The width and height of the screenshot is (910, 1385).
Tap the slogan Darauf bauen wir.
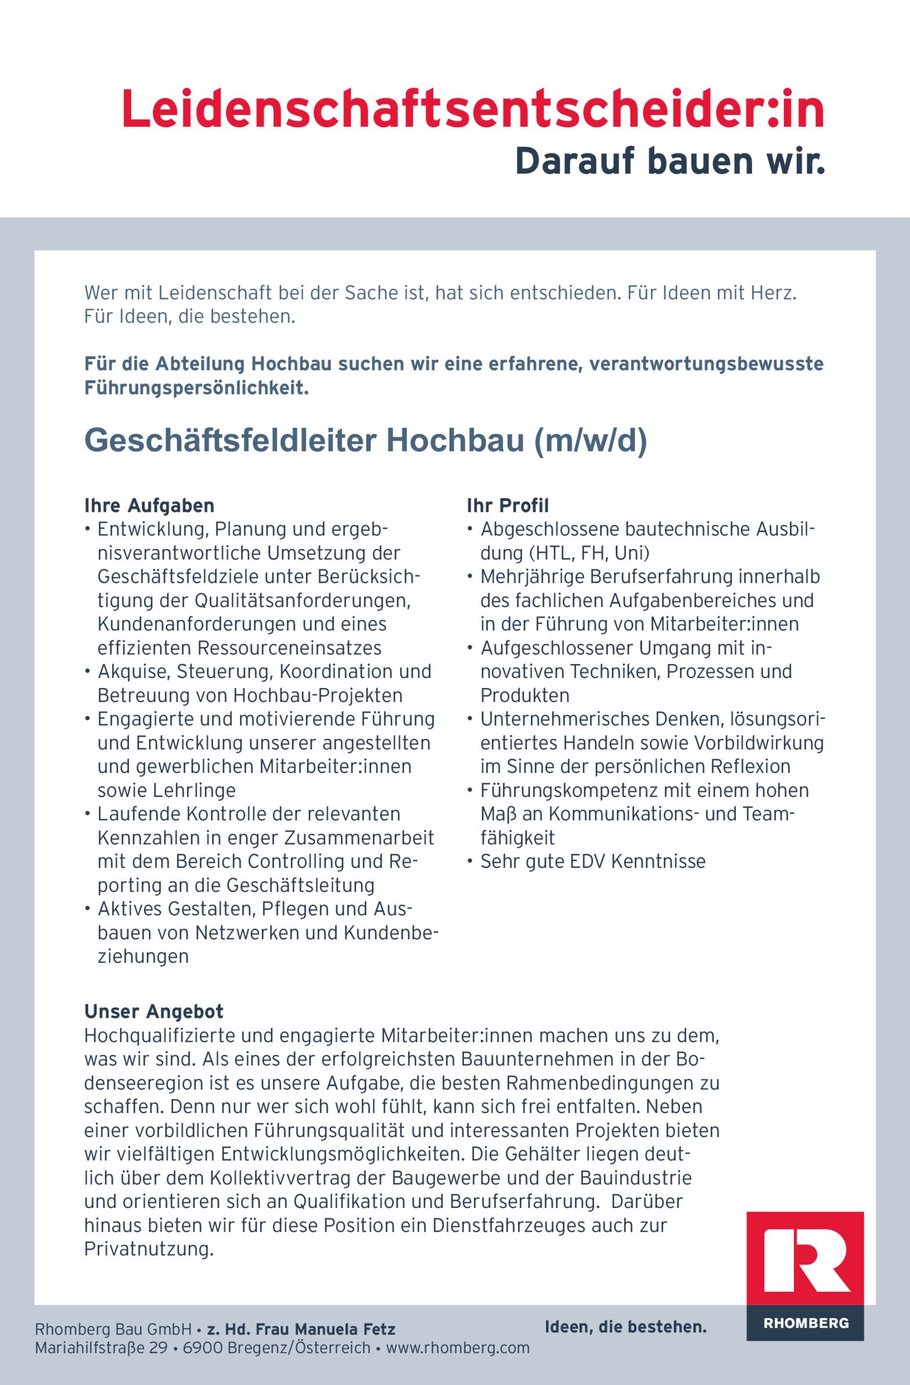pyautogui.click(x=670, y=161)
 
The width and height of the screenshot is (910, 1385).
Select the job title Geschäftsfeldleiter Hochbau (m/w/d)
pyautogui.click(x=365, y=440)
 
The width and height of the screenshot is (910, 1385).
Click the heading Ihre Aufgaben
pyautogui.click(x=149, y=505)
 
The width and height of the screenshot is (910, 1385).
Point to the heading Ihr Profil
pyautogui.click(x=508, y=505)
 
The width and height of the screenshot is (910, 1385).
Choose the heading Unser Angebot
pyautogui.click(x=154, y=1011)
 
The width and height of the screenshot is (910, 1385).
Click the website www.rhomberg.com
pyautogui.click(x=458, y=1347)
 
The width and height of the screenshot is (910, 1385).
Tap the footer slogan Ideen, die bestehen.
pyautogui.click(x=625, y=1327)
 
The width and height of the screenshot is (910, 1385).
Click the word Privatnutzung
pyautogui.click(x=148, y=1249)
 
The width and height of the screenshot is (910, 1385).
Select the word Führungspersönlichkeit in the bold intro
pyautogui.click(x=196, y=387)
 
